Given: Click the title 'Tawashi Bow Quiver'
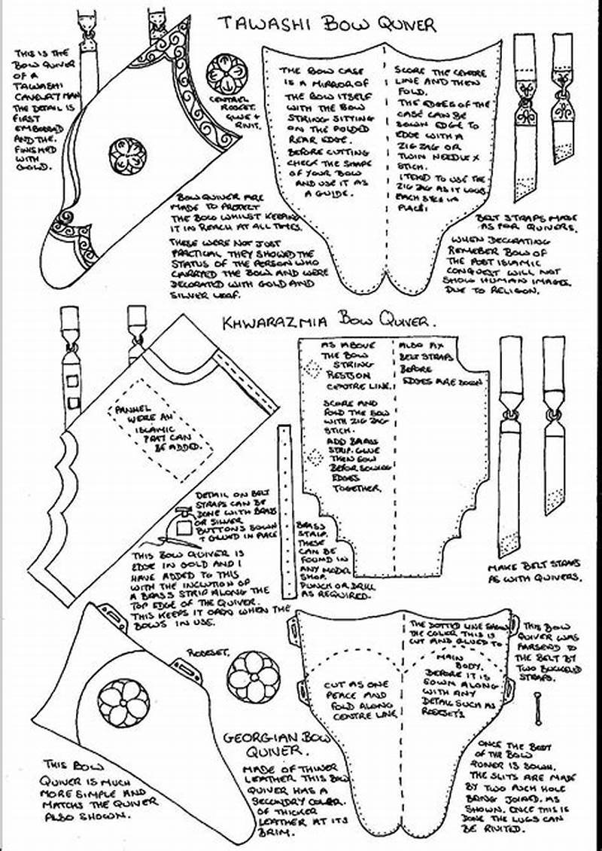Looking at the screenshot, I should tap(327, 24).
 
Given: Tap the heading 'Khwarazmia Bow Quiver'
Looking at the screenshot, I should tap(330, 322).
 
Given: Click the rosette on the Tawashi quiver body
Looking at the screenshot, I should tap(123, 154).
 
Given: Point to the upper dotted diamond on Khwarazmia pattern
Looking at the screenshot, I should tap(307, 367).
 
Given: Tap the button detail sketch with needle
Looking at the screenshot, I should tap(184, 526).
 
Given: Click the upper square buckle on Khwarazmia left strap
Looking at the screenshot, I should tap(72, 382).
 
